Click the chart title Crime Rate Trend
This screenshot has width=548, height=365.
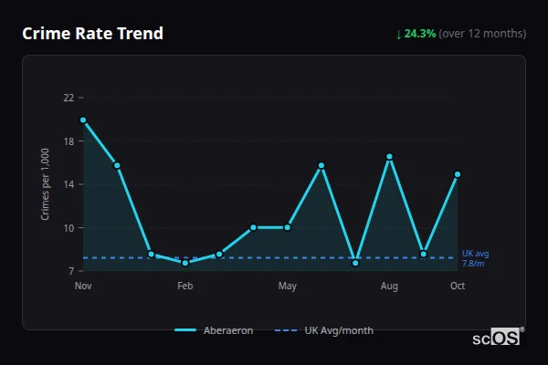point(93,34)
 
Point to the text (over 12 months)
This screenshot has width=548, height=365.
point(482,34)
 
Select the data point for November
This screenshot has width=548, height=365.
point(83,120)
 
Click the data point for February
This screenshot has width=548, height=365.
point(185,262)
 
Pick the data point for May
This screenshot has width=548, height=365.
point(288,227)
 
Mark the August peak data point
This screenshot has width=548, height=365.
point(389,157)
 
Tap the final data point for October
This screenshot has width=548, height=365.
point(458,173)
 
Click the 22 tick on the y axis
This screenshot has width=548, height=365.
point(68,98)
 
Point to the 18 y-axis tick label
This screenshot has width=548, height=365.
point(68,141)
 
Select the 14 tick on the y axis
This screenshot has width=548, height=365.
point(68,184)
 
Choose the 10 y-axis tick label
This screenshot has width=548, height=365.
point(68,227)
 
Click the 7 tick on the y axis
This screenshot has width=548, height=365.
point(71,271)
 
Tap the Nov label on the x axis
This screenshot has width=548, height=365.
point(83,287)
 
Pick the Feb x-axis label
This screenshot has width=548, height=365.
point(185,287)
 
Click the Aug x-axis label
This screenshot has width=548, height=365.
point(389,287)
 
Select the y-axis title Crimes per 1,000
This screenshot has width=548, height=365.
point(46,184)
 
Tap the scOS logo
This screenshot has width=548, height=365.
point(496,338)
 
